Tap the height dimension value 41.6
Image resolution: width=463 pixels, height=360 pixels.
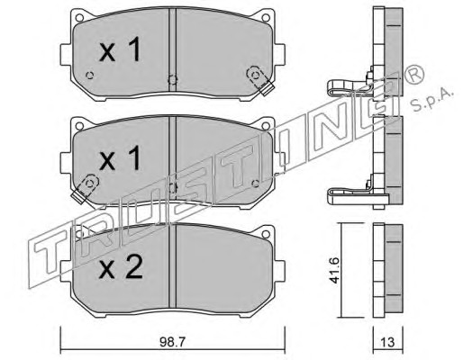click(x=334, y=271)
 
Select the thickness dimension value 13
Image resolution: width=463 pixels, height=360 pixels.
click(x=387, y=342)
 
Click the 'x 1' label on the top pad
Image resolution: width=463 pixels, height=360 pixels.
click(x=120, y=49)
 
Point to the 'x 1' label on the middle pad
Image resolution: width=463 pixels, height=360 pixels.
click(x=120, y=157)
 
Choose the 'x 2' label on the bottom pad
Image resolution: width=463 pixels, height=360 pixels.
click(x=121, y=266)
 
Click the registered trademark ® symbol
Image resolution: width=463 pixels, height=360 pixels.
click(x=414, y=75)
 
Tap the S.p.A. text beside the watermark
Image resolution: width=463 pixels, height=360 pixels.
click(x=432, y=101)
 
